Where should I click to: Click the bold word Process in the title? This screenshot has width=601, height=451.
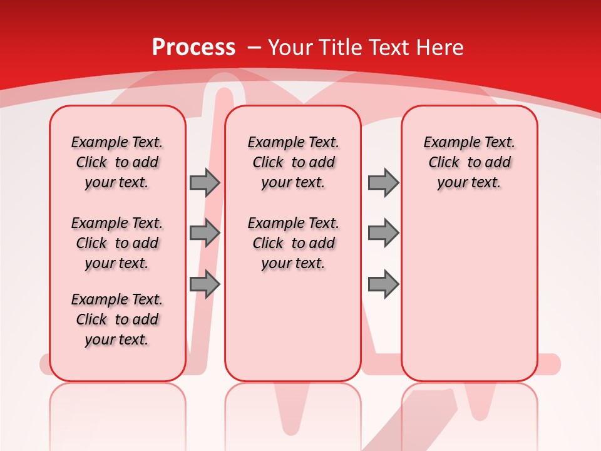click(x=193, y=47)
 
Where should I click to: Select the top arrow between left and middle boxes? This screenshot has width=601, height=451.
click(x=205, y=182)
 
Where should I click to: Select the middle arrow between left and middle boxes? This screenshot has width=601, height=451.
click(x=205, y=233)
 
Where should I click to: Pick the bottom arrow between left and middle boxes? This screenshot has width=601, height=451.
click(x=205, y=284)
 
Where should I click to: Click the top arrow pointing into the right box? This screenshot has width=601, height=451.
click(x=383, y=182)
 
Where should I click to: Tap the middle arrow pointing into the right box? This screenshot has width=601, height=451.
click(x=383, y=233)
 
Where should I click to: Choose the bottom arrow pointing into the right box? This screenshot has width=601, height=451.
click(x=383, y=284)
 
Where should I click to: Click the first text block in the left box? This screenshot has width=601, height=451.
click(x=117, y=162)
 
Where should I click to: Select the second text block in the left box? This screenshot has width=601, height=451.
click(x=117, y=243)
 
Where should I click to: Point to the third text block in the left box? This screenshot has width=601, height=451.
click(x=117, y=319)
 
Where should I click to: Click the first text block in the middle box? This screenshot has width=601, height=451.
click(x=293, y=162)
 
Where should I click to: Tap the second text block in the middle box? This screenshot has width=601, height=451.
click(x=293, y=243)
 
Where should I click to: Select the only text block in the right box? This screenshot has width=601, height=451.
click(x=469, y=162)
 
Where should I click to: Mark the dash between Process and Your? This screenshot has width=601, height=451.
click(x=254, y=47)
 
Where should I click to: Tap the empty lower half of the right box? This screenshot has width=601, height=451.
click(x=469, y=301)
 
